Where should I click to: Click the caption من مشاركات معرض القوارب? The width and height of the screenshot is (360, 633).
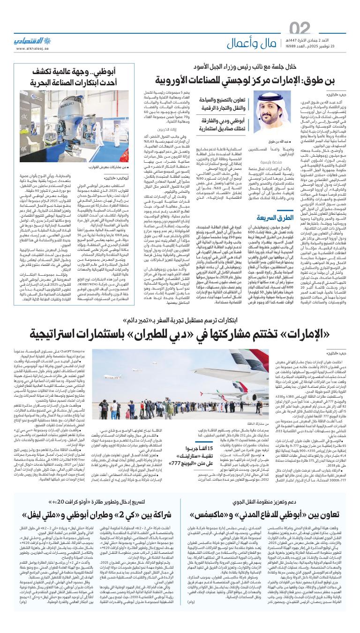101,166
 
